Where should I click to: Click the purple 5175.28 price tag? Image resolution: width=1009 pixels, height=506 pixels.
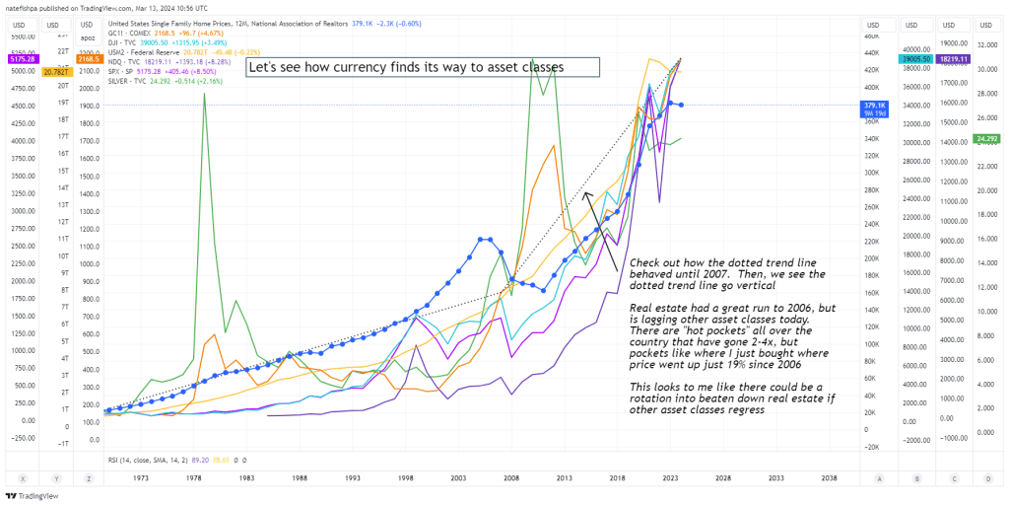(20, 59)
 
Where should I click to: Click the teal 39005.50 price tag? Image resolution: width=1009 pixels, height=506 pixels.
(916, 59)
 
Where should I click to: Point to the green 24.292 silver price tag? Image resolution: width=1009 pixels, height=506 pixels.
(986, 139)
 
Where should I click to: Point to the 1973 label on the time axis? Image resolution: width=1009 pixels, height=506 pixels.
(139, 476)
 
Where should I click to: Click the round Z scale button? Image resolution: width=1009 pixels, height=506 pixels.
(89, 476)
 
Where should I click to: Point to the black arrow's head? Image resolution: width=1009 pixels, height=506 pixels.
(586, 192)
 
